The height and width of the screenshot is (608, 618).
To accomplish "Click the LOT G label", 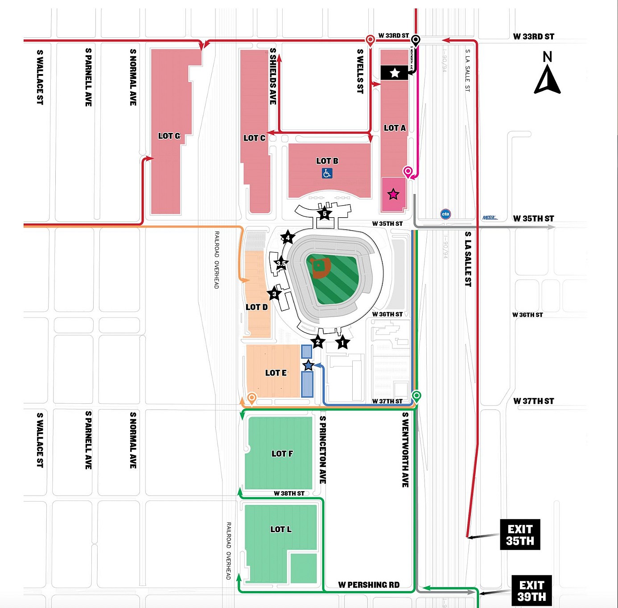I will tap(169, 136).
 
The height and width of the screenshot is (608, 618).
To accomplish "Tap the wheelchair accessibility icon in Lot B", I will tap(327, 173).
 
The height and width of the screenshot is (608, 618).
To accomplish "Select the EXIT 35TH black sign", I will tap(520, 534).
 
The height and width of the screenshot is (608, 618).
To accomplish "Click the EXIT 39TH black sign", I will tap(531, 591).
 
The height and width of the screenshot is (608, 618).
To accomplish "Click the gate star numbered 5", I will tap(325, 214).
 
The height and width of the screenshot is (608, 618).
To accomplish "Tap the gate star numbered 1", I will tap(342, 343).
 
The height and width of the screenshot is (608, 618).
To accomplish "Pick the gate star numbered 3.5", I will tap(281, 263).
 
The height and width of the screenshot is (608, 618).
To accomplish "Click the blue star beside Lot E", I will tap(308, 365).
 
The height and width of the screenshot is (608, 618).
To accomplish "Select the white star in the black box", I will tap(395, 73).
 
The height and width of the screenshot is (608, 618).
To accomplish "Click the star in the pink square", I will tap(393, 194).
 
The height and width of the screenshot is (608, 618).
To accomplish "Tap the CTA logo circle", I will tap(445, 214).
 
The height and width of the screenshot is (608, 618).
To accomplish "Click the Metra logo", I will tap(490, 218).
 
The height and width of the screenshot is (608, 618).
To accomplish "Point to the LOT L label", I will tap(281, 529).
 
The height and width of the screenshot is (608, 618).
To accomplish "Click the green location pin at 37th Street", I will tap(416, 396).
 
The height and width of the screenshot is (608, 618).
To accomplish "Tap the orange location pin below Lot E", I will tap(252, 397).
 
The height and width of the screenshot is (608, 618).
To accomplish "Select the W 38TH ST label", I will tap(289, 493).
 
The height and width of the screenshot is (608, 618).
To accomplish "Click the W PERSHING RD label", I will tap(369, 585).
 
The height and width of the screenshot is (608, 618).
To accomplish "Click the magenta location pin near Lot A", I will tap(408, 171).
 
